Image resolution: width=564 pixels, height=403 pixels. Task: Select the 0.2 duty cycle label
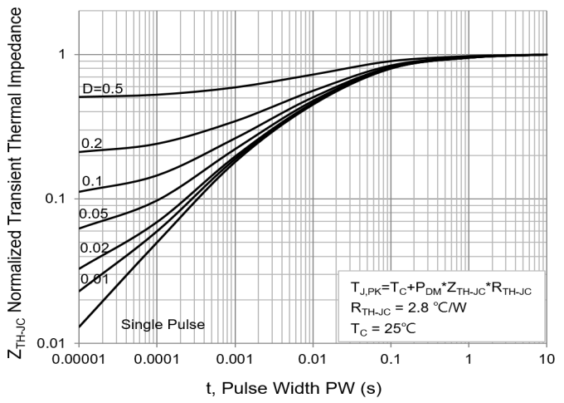[x=91, y=144]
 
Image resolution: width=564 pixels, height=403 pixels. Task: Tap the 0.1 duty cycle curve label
[x=91, y=181]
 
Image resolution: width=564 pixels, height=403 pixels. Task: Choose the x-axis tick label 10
[x=547, y=359]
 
